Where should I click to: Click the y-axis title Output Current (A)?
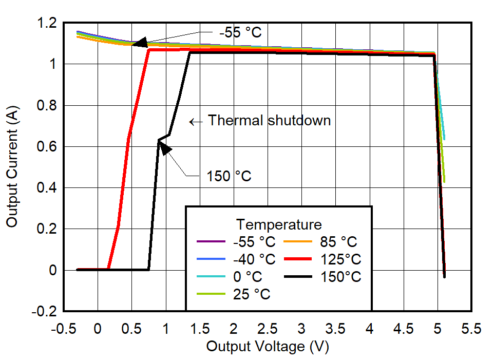(x=12, y=167)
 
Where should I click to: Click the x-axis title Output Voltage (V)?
(x=268, y=347)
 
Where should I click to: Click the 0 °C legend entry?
(x=248, y=277)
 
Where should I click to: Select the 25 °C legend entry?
(x=252, y=294)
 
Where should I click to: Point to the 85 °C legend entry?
(x=338, y=242)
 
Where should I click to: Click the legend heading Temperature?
(x=279, y=224)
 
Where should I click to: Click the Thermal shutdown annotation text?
(x=269, y=121)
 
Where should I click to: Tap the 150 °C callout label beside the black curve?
(x=229, y=176)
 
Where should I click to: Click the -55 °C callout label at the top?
(x=240, y=32)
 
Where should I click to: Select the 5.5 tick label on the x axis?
(x=471, y=329)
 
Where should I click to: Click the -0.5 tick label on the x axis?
(x=64, y=329)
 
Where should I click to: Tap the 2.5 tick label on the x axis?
(x=268, y=329)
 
